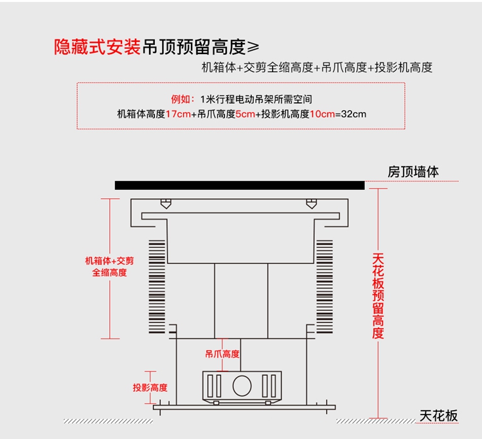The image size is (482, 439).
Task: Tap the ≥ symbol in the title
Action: click(x=254, y=48)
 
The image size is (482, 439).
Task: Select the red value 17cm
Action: click(x=178, y=115)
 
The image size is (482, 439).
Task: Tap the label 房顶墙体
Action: click(x=413, y=172)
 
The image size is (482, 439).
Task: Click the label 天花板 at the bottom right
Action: click(x=439, y=416)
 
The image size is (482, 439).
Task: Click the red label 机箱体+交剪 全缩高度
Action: click(x=110, y=266)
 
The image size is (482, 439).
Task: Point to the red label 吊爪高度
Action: click(x=222, y=354)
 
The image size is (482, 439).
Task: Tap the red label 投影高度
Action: click(x=150, y=388)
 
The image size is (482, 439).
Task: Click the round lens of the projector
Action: click(x=242, y=386)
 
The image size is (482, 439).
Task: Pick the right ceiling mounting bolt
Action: click(x=312, y=204)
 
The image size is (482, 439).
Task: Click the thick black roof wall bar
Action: click(x=240, y=185)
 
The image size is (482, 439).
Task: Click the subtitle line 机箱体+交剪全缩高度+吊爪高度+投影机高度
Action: click(x=317, y=68)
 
